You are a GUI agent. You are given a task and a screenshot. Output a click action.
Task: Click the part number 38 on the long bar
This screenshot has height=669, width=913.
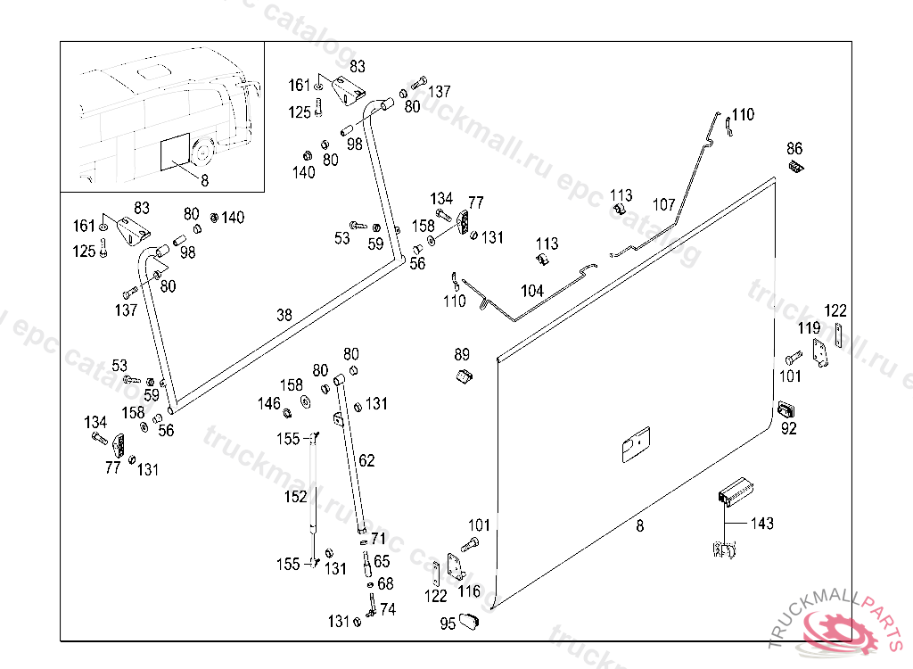pyautogui.click(x=284, y=315)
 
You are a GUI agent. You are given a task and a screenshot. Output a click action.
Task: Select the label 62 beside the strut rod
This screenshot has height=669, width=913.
pyautogui.click(x=366, y=461)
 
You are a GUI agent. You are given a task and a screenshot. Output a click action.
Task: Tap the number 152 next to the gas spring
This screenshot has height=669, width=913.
pyautogui.click(x=295, y=497)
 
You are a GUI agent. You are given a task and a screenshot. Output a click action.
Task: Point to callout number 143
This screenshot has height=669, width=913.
pyautogui.click(x=762, y=524)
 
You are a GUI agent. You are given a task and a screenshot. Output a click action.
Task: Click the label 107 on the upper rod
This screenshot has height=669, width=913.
pyautogui.click(x=663, y=204)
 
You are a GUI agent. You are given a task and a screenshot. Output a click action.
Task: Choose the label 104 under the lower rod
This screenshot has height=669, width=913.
pyautogui.click(x=531, y=291)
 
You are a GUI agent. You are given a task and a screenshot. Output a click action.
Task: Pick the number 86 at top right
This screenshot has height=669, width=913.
pyautogui.click(x=794, y=148)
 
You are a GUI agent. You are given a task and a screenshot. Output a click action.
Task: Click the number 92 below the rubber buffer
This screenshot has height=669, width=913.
pyautogui.click(x=789, y=428)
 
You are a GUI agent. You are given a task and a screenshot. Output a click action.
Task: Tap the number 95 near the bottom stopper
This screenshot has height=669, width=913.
pyautogui.click(x=448, y=624)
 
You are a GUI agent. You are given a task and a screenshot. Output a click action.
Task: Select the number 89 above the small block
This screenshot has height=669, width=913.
pyautogui.click(x=462, y=354)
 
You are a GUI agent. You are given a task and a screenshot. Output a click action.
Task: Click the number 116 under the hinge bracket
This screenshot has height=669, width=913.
pyautogui.click(x=469, y=591)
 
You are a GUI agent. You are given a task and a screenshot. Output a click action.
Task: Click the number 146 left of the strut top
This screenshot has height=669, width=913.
pyautogui.click(x=269, y=404)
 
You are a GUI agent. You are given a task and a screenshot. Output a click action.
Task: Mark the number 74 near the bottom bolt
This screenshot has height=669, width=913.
pyautogui.click(x=387, y=610)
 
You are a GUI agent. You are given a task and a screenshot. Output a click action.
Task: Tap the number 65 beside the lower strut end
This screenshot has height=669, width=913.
pyautogui.click(x=382, y=562)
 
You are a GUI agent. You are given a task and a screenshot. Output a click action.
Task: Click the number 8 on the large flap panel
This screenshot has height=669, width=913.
pyautogui.click(x=640, y=526)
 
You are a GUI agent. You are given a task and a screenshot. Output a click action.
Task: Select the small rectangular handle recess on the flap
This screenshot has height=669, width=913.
pyautogui.click(x=636, y=443)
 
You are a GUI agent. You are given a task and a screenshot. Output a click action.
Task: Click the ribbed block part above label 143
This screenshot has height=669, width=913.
pyautogui.click(x=737, y=491)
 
